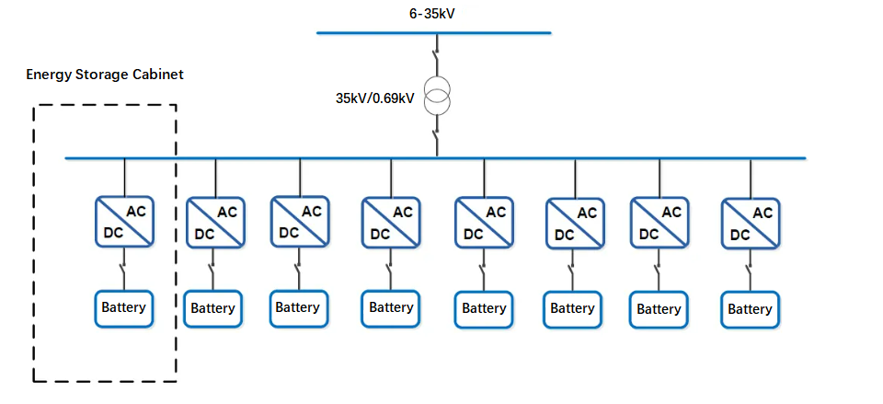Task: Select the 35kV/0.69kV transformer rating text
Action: (x=374, y=96)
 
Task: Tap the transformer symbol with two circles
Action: (x=439, y=96)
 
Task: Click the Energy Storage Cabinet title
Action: (x=105, y=75)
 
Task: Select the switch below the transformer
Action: (x=438, y=140)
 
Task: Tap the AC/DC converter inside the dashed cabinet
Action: (x=125, y=222)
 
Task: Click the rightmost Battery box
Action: (x=750, y=309)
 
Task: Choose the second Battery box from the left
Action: (x=213, y=309)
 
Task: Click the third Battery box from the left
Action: (x=298, y=308)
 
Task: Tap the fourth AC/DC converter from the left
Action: (x=390, y=222)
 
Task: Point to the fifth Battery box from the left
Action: (x=484, y=309)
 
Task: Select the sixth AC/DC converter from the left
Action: (x=574, y=223)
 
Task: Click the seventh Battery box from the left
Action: (x=659, y=309)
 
